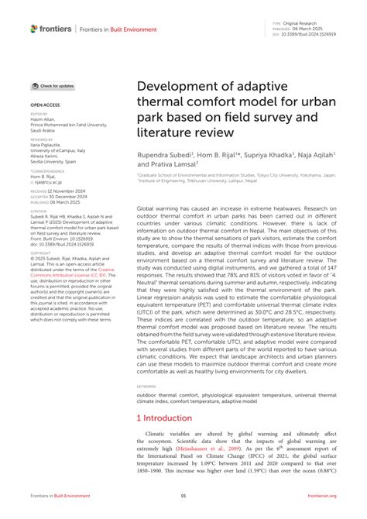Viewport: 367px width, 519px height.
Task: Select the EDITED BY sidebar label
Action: pyautogui.click(x=39, y=113)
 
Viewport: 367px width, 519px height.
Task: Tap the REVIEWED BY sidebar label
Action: pyautogui.click(x=42, y=138)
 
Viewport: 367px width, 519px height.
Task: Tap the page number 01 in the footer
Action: pyautogui.click(x=183, y=496)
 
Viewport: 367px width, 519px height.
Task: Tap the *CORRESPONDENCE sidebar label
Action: pyautogui.click(x=46, y=168)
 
